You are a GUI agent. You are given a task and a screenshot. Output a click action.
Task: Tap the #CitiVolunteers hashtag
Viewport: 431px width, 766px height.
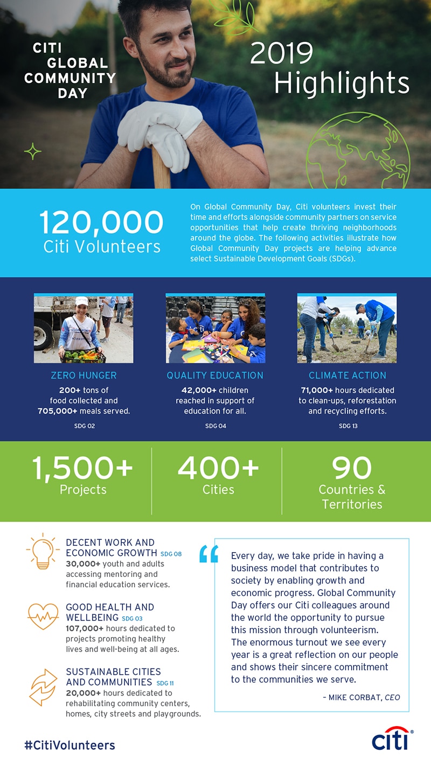[x=70, y=746]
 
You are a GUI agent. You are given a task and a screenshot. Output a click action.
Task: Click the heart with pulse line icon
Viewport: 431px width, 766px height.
[x=43, y=616]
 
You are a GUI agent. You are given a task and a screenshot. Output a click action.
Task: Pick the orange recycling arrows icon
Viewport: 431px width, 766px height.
[x=43, y=687]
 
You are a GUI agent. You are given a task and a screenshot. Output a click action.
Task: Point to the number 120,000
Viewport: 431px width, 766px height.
[x=101, y=222]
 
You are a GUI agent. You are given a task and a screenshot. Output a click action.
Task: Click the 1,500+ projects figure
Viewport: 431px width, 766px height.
[x=82, y=468]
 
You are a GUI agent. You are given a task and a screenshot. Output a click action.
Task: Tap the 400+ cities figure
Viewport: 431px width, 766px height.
[x=218, y=468]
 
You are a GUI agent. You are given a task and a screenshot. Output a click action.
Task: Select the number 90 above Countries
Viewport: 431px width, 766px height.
[x=352, y=468]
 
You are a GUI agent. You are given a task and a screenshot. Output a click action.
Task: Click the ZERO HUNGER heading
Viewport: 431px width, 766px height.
[x=84, y=375]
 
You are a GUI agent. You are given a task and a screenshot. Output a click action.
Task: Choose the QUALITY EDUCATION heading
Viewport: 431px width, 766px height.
[x=215, y=375]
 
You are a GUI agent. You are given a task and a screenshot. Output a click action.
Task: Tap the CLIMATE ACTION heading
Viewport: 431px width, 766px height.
[x=347, y=375]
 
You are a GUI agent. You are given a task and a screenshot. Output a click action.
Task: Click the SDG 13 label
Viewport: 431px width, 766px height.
[x=347, y=426]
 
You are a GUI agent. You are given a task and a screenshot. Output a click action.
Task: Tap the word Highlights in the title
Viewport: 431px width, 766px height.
[x=342, y=84]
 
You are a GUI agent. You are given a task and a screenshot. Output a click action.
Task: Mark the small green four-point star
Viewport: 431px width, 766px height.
[x=33, y=151]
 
